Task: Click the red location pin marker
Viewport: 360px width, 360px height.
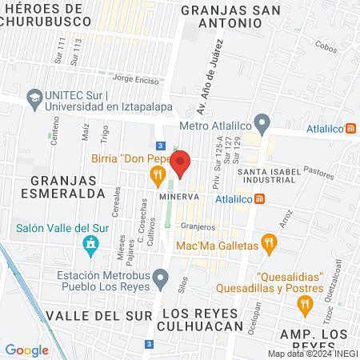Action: tap(180, 163)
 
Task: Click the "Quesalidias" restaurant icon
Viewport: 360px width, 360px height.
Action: tap(303, 304)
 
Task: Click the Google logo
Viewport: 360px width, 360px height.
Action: tap(26, 350)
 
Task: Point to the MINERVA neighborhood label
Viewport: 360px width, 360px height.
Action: tap(178, 196)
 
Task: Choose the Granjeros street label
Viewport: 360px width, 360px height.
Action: tap(198, 226)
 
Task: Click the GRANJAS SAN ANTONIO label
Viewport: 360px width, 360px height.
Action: tap(231, 17)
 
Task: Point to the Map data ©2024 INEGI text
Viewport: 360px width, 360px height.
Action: tap(311, 353)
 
